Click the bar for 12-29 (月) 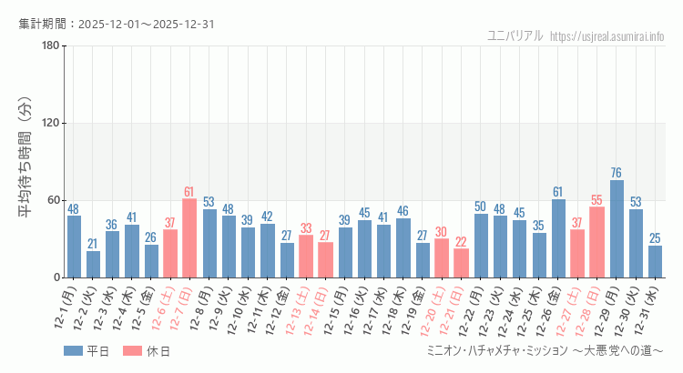click(617, 229)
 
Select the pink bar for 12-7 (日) click(189, 238)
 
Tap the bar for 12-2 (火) click(93, 264)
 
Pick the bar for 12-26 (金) click(558, 238)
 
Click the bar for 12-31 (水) click(656, 261)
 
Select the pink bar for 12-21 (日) click(461, 263)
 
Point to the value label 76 click(617, 173)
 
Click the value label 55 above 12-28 click(597, 200)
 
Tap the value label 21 click(93, 244)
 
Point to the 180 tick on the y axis click(51, 46)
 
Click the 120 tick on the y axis click(51, 124)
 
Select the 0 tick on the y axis click(56, 277)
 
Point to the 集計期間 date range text click(117, 24)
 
